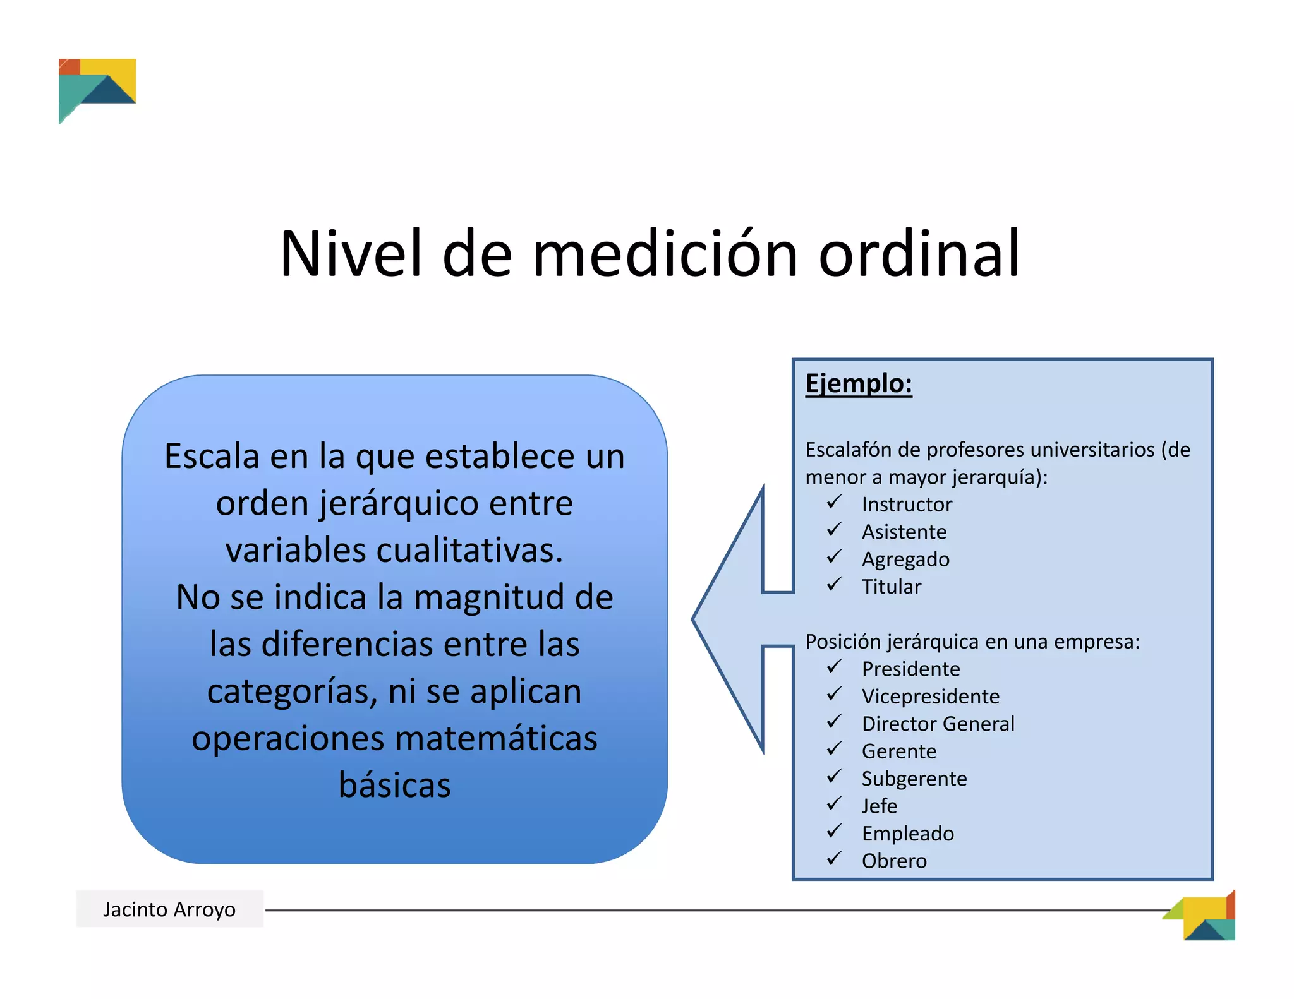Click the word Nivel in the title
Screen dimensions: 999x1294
pyautogui.click(x=351, y=254)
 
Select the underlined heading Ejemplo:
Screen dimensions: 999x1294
pyautogui.click(x=858, y=383)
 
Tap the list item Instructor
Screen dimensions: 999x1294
pyautogui.click(x=906, y=505)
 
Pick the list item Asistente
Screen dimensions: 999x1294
pyautogui.click(x=904, y=532)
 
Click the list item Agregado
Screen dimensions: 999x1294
pyautogui.click(x=905, y=559)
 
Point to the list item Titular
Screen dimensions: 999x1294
pyautogui.click(x=891, y=587)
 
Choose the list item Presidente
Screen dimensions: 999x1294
pyautogui.click(x=910, y=669)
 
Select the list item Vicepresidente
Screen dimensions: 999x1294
pyautogui.click(x=930, y=696)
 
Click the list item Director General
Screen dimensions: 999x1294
pyautogui.click(x=938, y=724)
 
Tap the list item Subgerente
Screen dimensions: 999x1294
pyautogui.click(x=914, y=779)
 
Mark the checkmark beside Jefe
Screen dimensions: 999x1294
pyautogui.click(x=834, y=804)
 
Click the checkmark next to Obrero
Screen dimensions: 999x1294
pyautogui.click(x=834, y=859)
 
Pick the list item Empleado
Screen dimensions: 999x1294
pyautogui.click(x=907, y=834)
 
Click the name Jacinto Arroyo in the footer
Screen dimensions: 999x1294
pyautogui.click(x=169, y=909)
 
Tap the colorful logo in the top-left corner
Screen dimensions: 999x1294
pyautogui.click(x=96, y=88)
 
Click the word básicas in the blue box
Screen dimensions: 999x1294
pyautogui.click(x=395, y=785)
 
